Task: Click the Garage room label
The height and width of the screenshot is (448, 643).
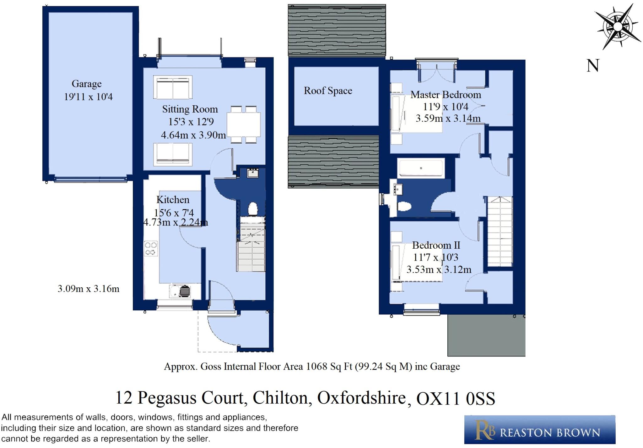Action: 87,84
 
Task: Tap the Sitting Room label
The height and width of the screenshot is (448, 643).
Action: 190,109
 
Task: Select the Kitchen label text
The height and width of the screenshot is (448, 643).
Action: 173,200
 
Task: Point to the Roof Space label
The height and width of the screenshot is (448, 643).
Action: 328,91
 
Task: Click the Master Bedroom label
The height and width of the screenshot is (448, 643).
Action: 446,95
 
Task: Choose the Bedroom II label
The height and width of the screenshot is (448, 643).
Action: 436,245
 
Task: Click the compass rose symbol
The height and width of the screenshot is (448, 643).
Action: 618,26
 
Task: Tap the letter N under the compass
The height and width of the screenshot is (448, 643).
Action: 593,66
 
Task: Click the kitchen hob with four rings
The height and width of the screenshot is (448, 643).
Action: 151,248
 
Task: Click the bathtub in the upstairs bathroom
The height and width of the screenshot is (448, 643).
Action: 421,168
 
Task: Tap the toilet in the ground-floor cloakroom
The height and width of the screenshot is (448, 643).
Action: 253,209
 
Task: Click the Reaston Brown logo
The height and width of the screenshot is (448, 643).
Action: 540,429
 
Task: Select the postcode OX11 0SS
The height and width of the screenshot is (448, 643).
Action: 456,399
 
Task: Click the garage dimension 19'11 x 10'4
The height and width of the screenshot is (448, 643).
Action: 88,97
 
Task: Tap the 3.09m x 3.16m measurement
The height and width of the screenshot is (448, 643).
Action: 89,289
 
